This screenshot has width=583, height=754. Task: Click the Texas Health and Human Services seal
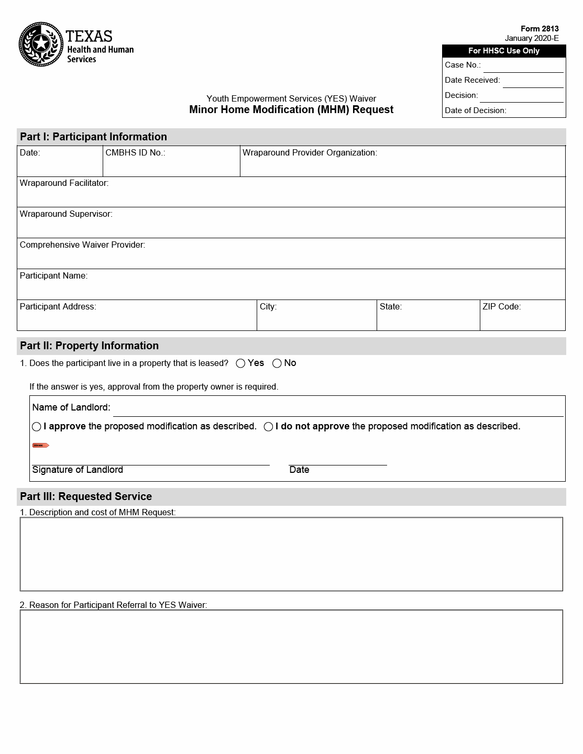point(41,45)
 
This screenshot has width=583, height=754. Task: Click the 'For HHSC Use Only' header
point(503,51)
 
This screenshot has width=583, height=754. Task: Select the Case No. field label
point(463,65)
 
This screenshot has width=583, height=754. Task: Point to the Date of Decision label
point(475,110)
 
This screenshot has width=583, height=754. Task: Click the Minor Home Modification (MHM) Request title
point(291,109)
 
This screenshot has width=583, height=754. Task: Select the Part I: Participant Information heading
point(93,137)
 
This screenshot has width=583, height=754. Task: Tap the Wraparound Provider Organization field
point(402,164)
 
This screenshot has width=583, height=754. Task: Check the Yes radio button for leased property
point(240,363)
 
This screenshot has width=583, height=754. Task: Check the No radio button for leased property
point(277,363)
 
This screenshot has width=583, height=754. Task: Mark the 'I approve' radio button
point(37,427)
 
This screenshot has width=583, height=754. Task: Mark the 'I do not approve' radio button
point(268,427)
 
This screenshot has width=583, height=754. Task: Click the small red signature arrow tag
point(40,446)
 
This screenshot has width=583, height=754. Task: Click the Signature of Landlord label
point(78,470)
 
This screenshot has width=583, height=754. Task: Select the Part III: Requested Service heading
point(86,496)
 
